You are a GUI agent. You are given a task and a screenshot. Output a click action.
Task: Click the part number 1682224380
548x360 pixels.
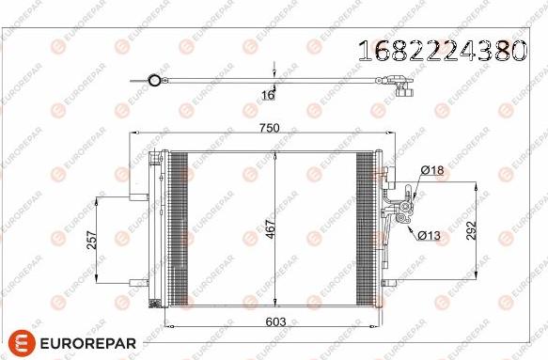(x=443, y=51)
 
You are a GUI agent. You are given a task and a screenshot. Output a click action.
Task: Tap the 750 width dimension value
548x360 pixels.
(x=269, y=128)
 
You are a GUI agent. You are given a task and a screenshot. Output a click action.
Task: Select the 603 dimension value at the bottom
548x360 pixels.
(x=275, y=321)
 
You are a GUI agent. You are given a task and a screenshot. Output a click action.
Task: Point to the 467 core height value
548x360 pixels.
(x=271, y=229)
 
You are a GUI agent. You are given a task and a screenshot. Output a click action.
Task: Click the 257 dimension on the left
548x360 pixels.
(x=92, y=240)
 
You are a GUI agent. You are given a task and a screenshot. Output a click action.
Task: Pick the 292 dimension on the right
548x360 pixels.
(x=472, y=230)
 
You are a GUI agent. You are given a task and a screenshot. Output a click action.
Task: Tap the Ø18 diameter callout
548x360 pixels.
(x=432, y=170)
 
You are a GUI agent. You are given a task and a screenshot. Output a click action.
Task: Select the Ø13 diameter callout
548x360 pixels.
(x=429, y=236)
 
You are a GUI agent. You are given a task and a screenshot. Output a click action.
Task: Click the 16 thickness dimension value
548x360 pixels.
(x=268, y=95)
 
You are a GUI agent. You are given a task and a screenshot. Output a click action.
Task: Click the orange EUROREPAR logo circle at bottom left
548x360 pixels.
(x=22, y=342)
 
